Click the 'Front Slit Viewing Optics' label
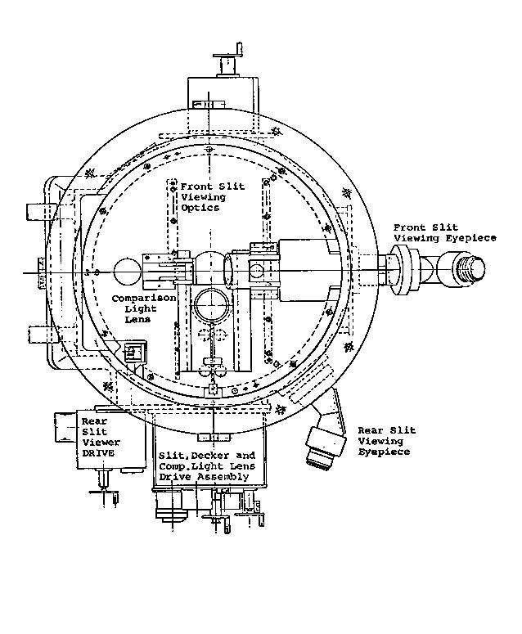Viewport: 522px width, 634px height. (212, 197)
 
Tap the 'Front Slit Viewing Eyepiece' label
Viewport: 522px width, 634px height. (445, 233)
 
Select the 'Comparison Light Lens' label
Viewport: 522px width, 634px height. (143, 308)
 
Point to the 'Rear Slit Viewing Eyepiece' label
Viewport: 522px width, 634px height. (386, 441)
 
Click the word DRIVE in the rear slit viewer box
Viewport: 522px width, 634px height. (98, 453)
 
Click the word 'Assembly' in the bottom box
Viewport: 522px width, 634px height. (223, 477)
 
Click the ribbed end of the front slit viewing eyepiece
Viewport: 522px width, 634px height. (470, 267)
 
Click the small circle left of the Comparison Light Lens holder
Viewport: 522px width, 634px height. (127, 272)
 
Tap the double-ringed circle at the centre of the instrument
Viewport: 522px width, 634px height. (213, 305)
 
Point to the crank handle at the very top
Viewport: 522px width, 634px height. (230, 60)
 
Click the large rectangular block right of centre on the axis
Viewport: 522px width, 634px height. (308, 270)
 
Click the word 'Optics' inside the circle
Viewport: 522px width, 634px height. (200, 208)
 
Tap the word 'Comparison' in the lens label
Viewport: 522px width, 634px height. (143, 299)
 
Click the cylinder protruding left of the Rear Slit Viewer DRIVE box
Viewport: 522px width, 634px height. (65, 427)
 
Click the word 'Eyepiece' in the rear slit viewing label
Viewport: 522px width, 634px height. (384, 452)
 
